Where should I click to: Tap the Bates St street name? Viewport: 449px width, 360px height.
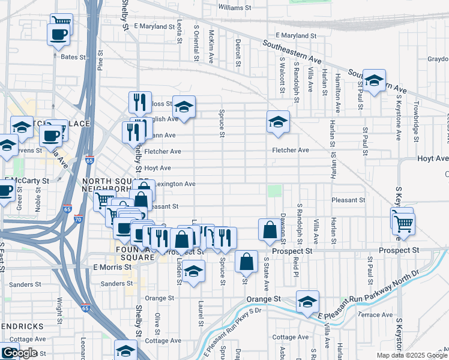pyautogui.click(x=73, y=57)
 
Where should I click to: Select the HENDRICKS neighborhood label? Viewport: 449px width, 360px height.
pyautogui.click(x=22, y=326)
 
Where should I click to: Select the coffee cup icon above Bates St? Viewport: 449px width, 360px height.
pyautogui.click(x=58, y=35)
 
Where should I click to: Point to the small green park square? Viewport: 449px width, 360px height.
pyautogui.click(x=274, y=191)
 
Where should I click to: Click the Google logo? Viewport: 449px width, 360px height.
pyautogui.click(x=20, y=353)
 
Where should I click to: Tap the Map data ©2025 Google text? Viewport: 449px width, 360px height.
pyautogui.click(x=412, y=355)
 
